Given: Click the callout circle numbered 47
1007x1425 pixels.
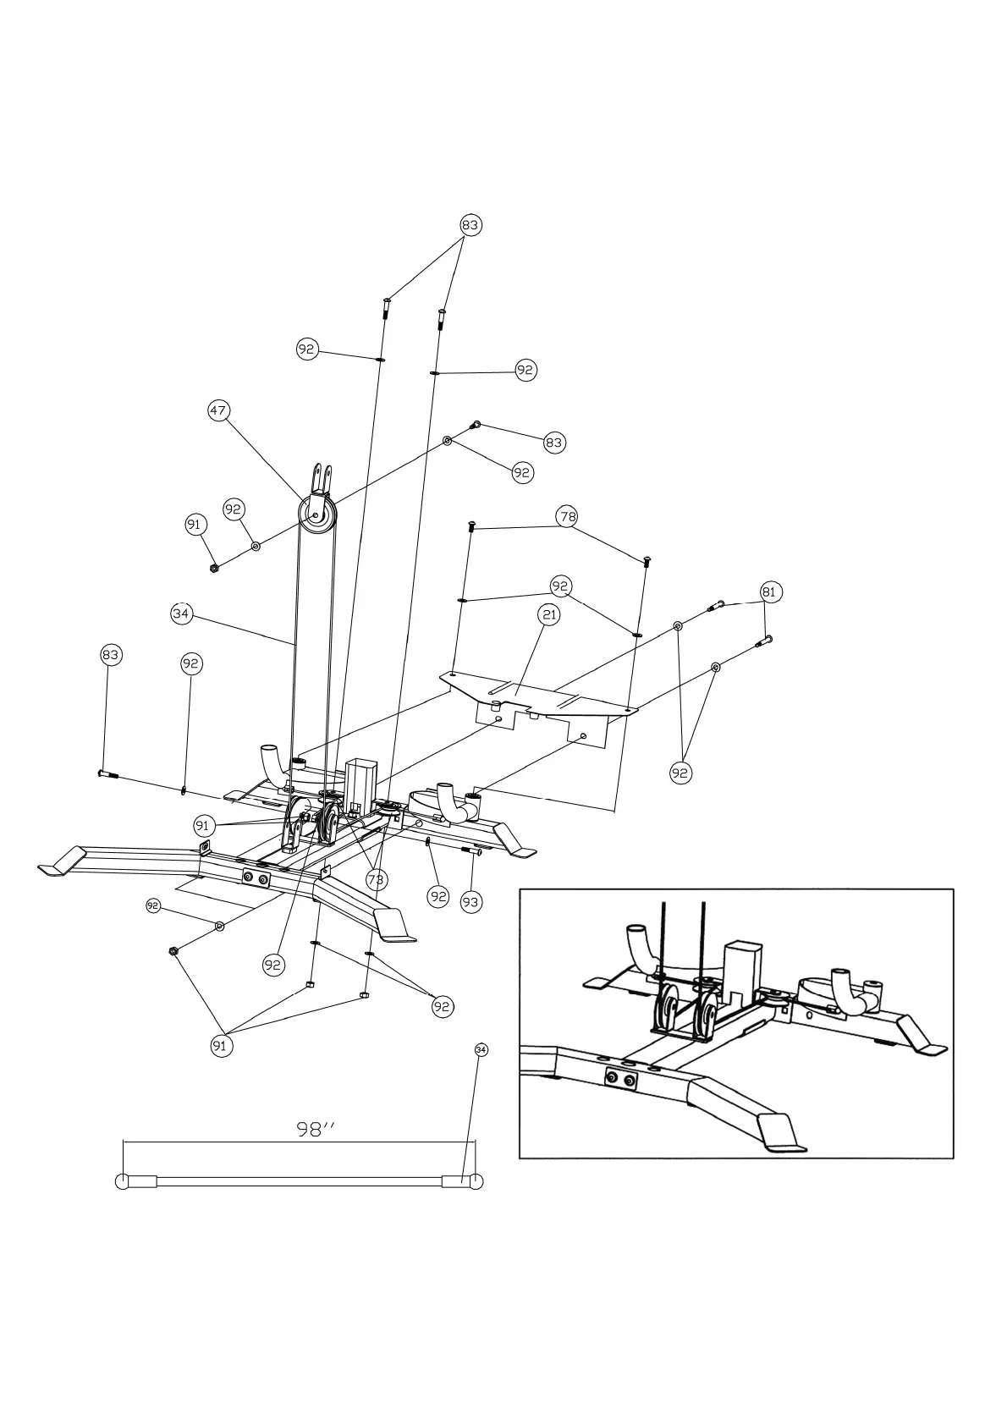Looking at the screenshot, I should click(x=218, y=410).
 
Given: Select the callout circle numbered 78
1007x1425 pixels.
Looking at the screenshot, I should click(x=567, y=516).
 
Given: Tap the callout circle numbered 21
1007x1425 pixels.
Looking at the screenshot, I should click(x=549, y=615).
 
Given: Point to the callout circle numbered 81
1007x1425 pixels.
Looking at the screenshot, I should click(x=768, y=592).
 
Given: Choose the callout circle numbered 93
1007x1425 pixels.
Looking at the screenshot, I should click(x=470, y=902).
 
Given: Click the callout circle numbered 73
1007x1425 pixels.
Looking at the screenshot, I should click(x=376, y=880).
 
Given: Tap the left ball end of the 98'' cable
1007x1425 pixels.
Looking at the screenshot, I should click(x=123, y=1182).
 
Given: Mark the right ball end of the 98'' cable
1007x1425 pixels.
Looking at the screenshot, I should click(x=476, y=1182).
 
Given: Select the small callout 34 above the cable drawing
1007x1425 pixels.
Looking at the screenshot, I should click(x=481, y=1050).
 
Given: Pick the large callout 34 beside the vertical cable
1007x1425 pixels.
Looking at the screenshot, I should click(x=181, y=613).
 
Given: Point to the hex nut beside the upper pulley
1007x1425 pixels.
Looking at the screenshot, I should click(x=214, y=567).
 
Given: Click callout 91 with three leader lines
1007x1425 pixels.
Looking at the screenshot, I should click(x=221, y=1046).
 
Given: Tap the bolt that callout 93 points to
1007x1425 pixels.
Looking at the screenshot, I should click(x=471, y=853).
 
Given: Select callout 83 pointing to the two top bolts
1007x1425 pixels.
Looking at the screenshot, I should click(x=470, y=225).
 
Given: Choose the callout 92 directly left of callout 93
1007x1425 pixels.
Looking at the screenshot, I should click(x=437, y=896).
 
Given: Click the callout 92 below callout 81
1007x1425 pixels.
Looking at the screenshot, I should click(x=681, y=773).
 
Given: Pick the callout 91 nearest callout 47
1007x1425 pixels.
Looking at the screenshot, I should click(x=195, y=525).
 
